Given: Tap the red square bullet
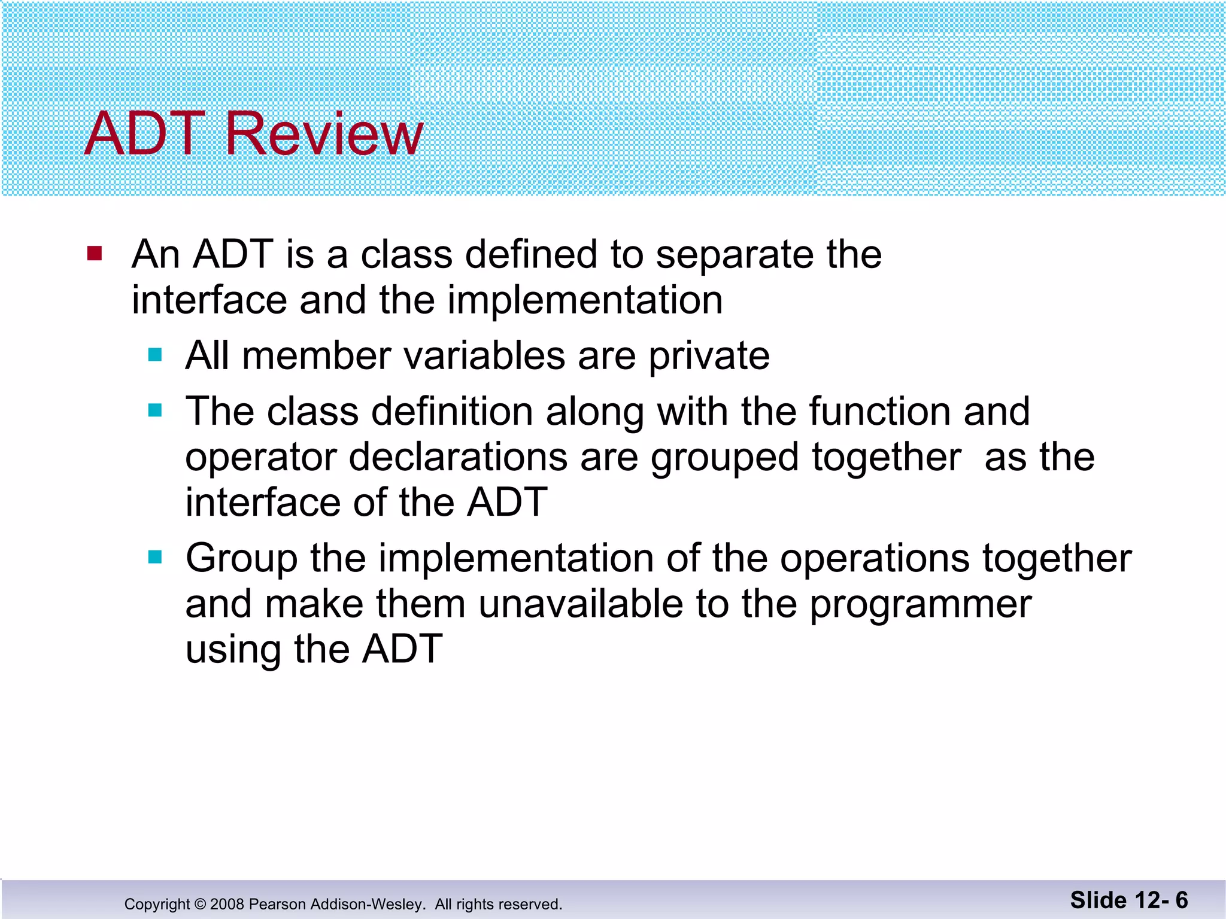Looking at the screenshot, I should click(x=95, y=254).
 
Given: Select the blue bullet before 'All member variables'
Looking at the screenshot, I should click(x=155, y=355).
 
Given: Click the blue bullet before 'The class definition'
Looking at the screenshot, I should click(x=155, y=410).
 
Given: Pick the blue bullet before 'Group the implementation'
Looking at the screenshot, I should click(x=155, y=558).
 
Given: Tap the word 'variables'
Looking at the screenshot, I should click(x=484, y=356).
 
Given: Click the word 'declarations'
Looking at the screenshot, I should click(x=458, y=458).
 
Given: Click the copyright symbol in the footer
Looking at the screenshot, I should click(x=200, y=904).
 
